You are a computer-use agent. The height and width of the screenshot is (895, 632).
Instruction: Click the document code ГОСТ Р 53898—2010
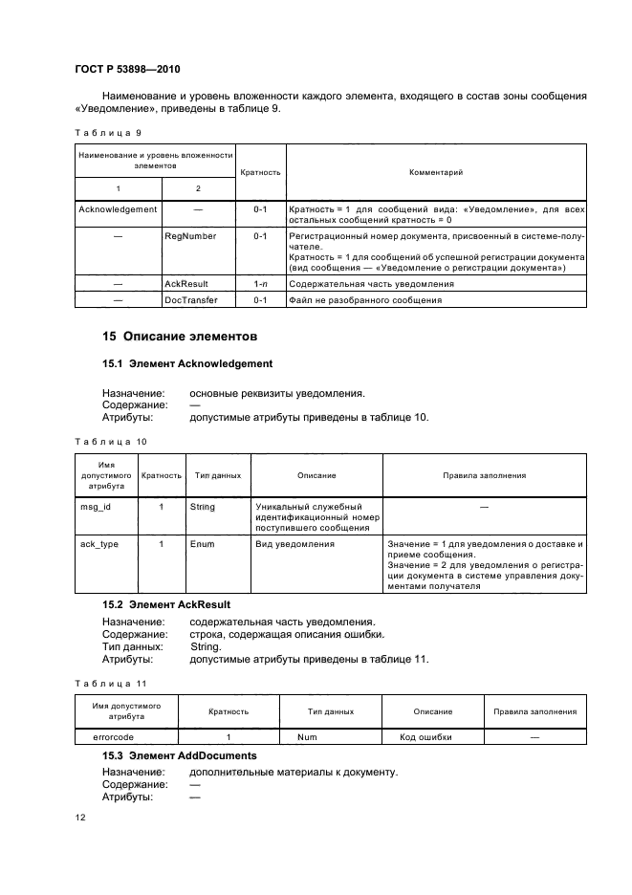[127, 71]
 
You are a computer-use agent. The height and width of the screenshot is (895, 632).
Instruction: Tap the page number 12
[80, 819]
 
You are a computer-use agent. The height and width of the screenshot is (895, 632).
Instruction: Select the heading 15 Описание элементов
[170, 337]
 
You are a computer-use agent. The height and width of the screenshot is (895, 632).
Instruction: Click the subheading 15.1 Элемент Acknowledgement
[187, 363]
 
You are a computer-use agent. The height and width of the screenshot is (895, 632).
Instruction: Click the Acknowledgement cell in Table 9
[117, 207]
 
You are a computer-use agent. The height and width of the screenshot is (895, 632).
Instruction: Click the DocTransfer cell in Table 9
[191, 299]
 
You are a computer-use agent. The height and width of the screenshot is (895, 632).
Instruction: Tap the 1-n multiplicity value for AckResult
[260, 284]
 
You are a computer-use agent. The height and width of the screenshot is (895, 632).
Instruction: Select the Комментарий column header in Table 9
[436, 173]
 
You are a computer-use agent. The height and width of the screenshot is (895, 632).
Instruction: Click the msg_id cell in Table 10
[95, 507]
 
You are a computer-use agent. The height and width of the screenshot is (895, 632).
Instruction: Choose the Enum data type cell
[202, 544]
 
